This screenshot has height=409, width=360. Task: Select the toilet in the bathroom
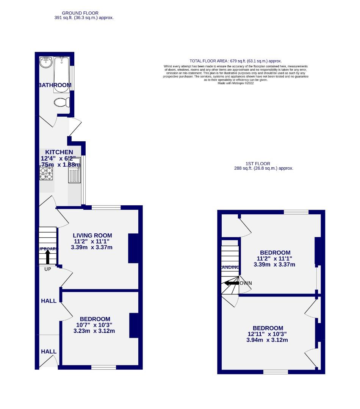tap(61, 102)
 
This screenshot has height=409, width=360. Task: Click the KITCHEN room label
tap(59, 152)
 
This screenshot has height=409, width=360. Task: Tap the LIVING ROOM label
tap(92, 235)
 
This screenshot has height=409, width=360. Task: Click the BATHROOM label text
tap(55, 85)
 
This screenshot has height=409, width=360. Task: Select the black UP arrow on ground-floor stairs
tap(48, 256)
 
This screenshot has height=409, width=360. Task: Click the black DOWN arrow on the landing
tap(230, 283)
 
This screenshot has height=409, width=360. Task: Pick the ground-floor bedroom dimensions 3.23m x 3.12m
tap(94, 331)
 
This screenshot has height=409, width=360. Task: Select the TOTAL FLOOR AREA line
tap(235, 61)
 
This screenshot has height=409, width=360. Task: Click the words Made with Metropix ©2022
tap(235, 83)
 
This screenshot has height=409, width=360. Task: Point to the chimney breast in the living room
tap(133, 248)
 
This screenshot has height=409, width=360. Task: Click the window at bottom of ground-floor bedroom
tap(103, 367)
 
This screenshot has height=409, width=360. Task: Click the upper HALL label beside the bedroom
tap(49, 301)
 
